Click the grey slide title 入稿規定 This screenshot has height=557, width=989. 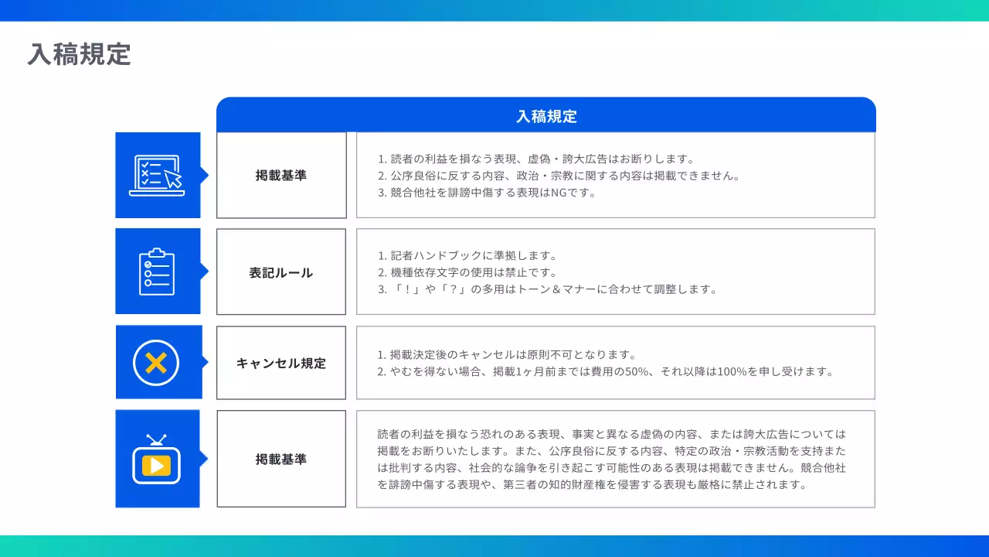pyautogui.click(x=80, y=54)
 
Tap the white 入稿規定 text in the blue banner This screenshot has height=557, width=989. pyautogui.click(x=546, y=117)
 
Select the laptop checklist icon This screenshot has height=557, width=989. pyautogui.click(x=157, y=176)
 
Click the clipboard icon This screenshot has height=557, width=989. pyautogui.click(x=157, y=272)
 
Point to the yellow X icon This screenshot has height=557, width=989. pyautogui.click(x=156, y=362)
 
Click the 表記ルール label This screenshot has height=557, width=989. pyautogui.click(x=281, y=272)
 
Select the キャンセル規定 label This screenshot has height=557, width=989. pyautogui.click(x=281, y=363)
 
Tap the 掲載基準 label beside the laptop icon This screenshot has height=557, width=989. pyautogui.click(x=281, y=176)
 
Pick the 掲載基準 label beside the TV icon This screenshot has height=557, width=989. pyautogui.click(x=281, y=459)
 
